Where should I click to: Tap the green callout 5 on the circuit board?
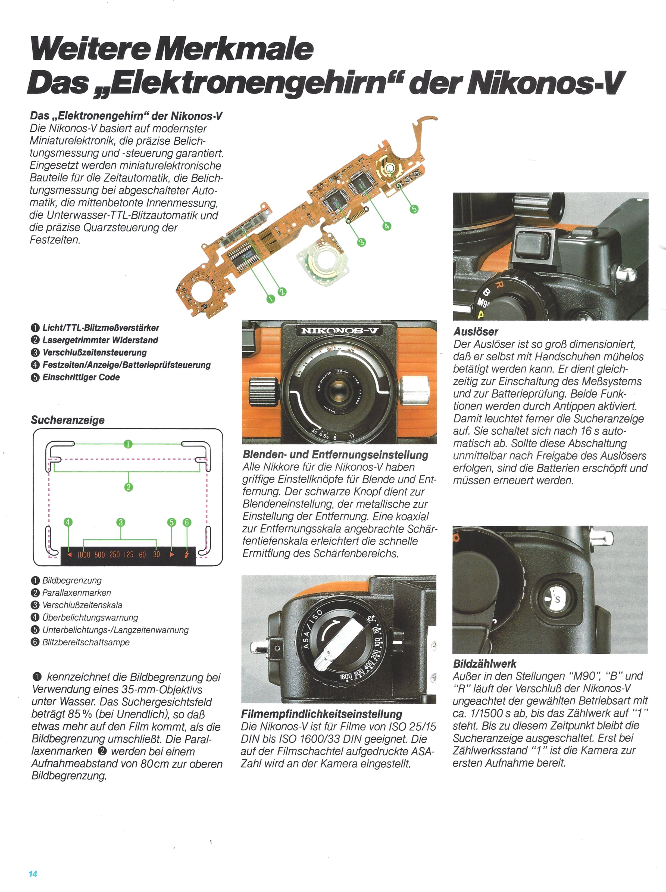tap(414, 209)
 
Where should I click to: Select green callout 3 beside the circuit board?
tap(361, 242)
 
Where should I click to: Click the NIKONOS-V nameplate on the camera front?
tap(339, 331)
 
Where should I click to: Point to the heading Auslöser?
tap(476, 332)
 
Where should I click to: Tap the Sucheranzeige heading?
tap(68, 420)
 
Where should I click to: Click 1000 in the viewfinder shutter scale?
tap(84, 555)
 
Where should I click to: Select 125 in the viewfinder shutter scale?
tap(129, 555)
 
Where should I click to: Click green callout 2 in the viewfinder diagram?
tap(129, 487)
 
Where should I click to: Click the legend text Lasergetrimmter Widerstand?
tap(100, 340)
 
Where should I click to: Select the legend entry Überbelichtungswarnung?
tap(90, 617)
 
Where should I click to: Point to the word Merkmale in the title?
tap(234, 49)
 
